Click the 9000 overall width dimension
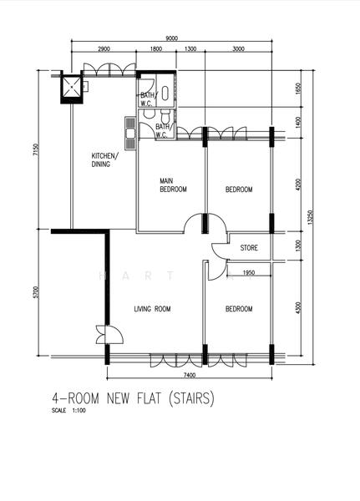172,38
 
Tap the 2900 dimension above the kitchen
104,49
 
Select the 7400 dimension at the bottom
190,376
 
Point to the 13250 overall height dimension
309,217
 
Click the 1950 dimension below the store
249,273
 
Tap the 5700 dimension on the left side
36,292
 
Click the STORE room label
249,248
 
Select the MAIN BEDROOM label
173,185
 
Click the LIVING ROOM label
152,309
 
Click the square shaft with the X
71,87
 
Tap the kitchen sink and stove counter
130,133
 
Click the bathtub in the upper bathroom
165,94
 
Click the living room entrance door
110,335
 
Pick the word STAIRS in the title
191,398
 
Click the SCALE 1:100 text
68,411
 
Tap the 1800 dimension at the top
155,49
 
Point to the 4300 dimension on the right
298,307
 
